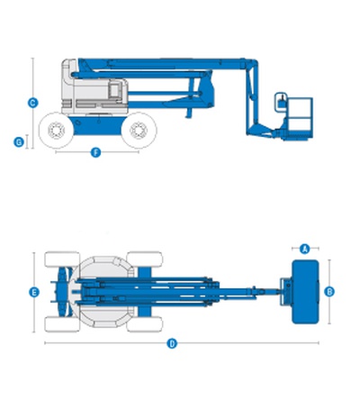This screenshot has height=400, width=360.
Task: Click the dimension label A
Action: [x=305, y=249]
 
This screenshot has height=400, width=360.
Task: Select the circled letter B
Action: [x=329, y=291]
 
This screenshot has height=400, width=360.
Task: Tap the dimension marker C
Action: [x=33, y=103]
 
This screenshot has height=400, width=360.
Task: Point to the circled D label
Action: [x=172, y=343]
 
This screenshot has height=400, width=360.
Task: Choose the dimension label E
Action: [x=34, y=292]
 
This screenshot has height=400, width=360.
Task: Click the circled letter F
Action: [x=95, y=152]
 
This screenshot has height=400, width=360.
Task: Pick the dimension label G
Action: [x=19, y=141]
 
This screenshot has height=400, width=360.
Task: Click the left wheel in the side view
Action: [x=56, y=131]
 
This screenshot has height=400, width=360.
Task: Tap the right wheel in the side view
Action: [x=139, y=131]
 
